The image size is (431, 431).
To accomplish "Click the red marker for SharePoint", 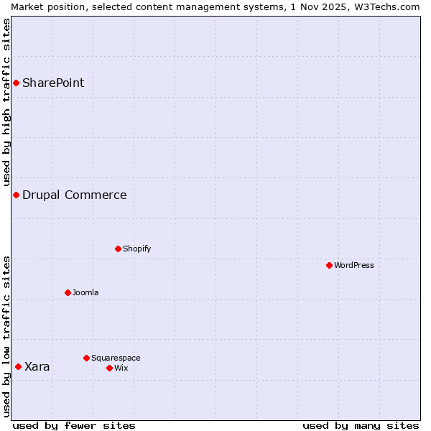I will click(16, 83).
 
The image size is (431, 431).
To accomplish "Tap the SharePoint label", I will click(53, 83).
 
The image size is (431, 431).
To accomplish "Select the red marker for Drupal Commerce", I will click(16, 195).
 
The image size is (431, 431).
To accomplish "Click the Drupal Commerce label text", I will click(74, 195).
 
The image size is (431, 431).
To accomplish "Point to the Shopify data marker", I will click(118, 249).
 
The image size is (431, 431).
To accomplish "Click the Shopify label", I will click(136, 249).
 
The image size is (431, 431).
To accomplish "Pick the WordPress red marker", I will click(329, 265).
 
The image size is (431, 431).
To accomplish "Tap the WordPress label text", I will click(353, 265).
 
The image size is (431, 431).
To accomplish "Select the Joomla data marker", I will click(68, 292).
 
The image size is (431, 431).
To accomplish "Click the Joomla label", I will click(85, 292).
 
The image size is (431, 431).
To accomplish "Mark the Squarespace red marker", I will click(86, 358).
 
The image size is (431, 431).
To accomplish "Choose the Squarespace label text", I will click(116, 358).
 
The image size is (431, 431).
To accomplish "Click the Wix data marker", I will click(109, 368).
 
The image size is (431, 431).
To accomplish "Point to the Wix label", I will click(121, 368).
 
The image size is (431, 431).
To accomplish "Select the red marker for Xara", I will click(18, 366).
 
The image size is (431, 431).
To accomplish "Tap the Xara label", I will click(37, 366).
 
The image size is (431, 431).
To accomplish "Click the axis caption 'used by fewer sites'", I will click(74, 425).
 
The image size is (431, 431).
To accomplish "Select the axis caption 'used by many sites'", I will click(361, 425).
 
